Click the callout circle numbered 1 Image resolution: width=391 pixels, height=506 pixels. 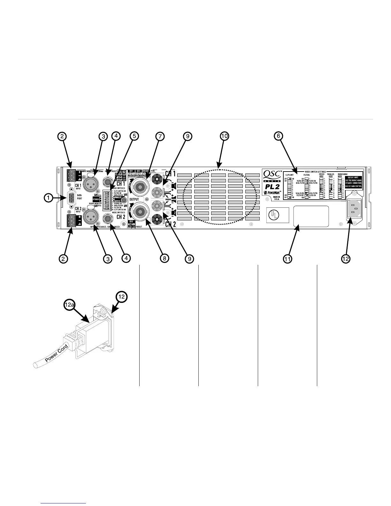coord(49,198)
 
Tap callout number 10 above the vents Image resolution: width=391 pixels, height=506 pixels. coord(225,136)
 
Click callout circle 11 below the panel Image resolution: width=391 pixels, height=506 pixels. coord(288,259)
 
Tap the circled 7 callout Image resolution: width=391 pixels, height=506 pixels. coord(160,136)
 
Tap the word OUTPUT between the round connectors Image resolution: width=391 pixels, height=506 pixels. coord(134,199)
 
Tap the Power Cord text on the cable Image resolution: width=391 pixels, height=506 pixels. coord(56,353)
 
